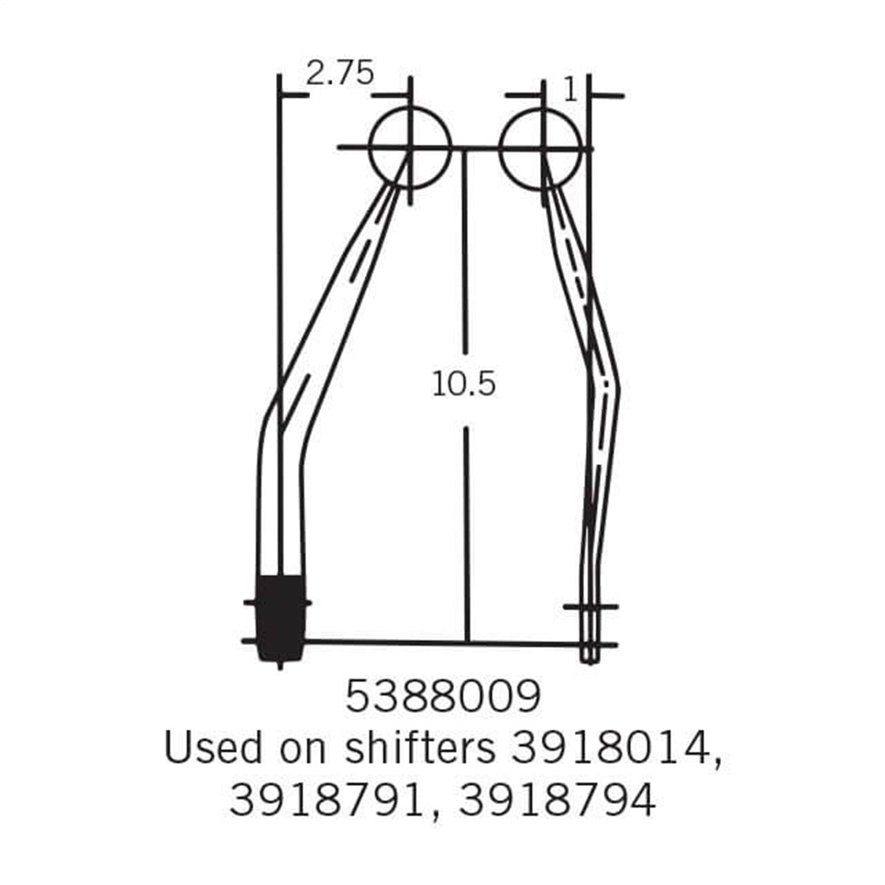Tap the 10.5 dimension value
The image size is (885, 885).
[464, 385]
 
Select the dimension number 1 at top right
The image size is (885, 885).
[570, 90]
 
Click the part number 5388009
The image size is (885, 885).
[442, 697]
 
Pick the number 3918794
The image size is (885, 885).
[557, 801]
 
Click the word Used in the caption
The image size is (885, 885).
[212, 748]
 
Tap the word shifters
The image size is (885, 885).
[419, 748]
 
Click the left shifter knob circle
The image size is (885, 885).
[410, 147]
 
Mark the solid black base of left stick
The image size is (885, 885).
[280, 617]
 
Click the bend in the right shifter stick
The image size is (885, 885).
[605, 383]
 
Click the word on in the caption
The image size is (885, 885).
[302, 748]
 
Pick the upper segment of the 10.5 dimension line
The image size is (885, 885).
[465, 254]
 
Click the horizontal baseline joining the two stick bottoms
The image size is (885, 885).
[413, 641]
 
